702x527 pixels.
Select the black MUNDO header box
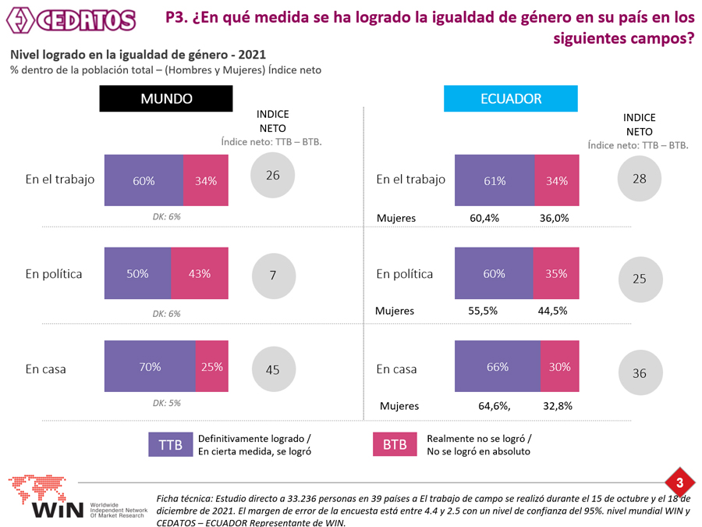(x=166, y=99)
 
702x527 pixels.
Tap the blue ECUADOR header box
(x=511, y=99)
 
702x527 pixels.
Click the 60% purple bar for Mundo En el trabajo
(x=144, y=180)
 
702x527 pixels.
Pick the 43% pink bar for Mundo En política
(x=200, y=274)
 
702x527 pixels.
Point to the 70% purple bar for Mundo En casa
(x=150, y=367)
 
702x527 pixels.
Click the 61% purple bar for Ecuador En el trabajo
(x=495, y=180)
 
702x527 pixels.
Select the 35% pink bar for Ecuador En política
(x=557, y=274)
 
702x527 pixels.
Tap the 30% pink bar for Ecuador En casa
(x=559, y=367)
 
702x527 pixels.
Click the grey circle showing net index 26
(x=272, y=176)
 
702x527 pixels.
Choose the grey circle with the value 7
(x=273, y=275)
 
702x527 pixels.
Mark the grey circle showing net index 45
(x=272, y=370)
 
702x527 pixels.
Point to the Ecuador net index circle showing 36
(x=640, y=373)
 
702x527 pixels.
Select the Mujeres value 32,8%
(x=556, y=406)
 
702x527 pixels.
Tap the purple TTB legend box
(x=170, y=444)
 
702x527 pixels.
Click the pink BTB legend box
(x=395, y=444)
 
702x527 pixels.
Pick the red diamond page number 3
(x=679, y=482)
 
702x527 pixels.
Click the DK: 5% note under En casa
(x=166, y=404)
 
